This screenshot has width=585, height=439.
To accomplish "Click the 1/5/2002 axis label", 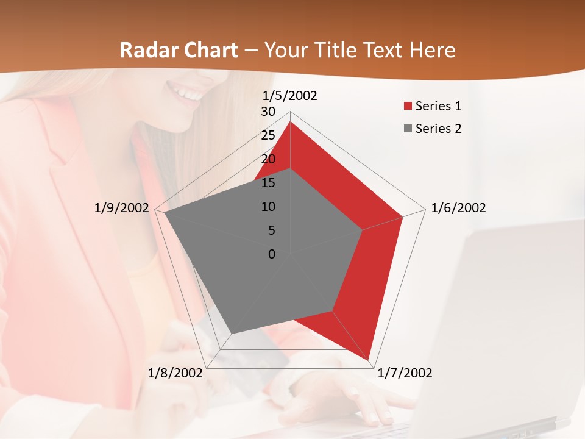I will [289, 96].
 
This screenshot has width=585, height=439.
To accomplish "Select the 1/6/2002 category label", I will [458, 208].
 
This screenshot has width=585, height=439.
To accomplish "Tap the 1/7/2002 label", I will [405, 373].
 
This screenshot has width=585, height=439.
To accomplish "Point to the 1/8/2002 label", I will [175, 373].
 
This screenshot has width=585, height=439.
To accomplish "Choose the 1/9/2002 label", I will [122, 208].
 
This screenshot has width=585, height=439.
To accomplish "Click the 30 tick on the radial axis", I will [268, 112].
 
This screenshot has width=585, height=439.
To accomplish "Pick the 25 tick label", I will [268, 135].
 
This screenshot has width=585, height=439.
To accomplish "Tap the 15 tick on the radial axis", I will [268, 183].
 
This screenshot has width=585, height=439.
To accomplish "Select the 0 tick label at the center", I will [272, 254].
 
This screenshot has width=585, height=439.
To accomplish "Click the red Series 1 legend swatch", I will [408, 107].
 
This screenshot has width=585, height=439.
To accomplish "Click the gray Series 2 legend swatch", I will [408, 129].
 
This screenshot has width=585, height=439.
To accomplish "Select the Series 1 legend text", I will [438, 106].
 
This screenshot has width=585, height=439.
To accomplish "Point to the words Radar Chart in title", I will [179, 50].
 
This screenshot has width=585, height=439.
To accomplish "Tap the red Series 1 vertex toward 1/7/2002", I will [369, 359].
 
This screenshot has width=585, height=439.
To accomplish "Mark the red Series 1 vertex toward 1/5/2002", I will [290, 122].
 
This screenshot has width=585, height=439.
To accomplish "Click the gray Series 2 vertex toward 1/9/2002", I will [165, 213].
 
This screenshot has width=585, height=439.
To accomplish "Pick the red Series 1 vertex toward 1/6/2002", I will [402, 216].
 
